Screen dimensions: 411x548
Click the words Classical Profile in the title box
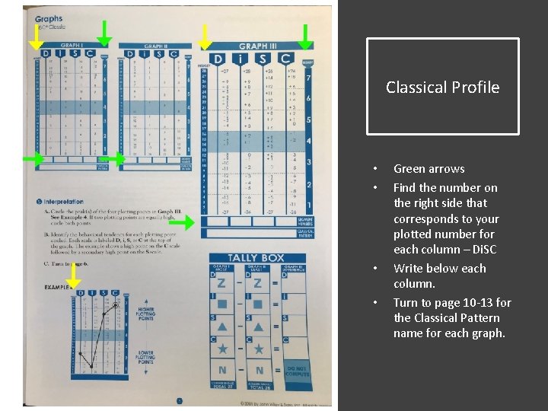pyautogui.click(x=442, y=88)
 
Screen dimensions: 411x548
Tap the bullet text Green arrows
pyautogui.click(x=429, y=169)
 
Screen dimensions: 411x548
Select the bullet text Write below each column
pyautogui.click(x=439, y=276)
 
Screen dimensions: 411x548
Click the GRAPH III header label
pyautogui.click(x=253, y=47)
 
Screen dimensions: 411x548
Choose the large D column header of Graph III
pyautogui.click(x=218, y=59)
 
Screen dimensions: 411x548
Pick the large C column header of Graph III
pyautogui.click(x=285, y=59)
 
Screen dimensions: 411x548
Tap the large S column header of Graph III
pyautogui.click(x=263, y=59)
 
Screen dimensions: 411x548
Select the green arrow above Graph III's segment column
pyautogui.click(x=305, y=35)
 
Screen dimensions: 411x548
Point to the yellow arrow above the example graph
pyautogui.click(x=73, y=282)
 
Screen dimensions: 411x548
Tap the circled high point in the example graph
pyautogui.click(x=114, y=304)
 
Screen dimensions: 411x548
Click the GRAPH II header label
pyautogui.click(x=155, y=46)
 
